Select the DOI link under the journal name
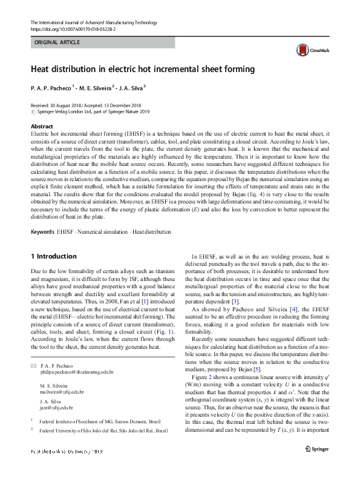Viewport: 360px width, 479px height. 73,28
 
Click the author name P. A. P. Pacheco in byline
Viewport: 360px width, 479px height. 51,88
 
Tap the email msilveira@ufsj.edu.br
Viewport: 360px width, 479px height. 62,392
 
